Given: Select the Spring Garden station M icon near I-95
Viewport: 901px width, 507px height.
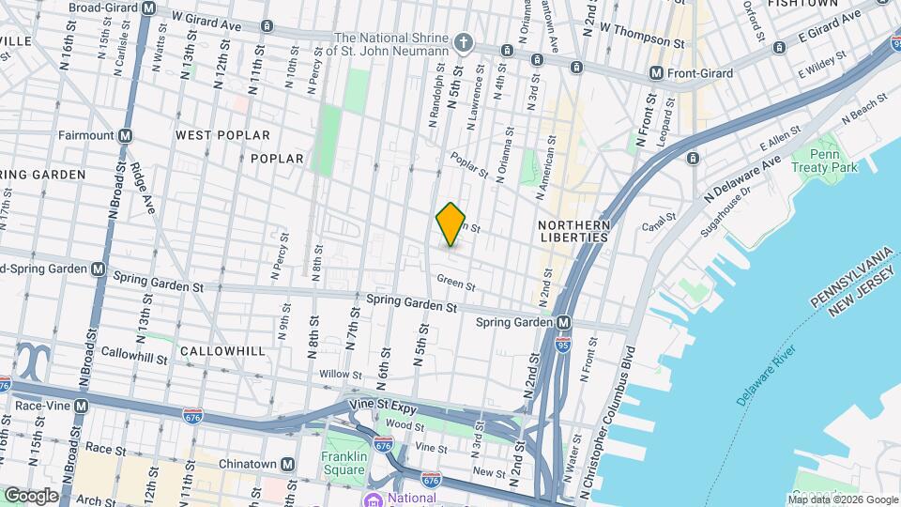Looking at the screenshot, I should (x=563, y=322).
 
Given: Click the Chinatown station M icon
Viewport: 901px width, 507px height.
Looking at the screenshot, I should (x=287, y=465).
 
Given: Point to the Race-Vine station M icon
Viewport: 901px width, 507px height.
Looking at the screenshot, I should (x=82, y=406).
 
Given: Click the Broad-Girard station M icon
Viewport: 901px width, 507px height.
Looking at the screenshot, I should (x=149, y=8).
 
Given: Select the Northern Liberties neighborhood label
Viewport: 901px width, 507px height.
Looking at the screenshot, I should (x=574, y=232).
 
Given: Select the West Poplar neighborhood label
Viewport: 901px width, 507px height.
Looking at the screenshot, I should (x=222, y=135).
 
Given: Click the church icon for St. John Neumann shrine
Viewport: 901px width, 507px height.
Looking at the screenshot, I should (x=463, y=42).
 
